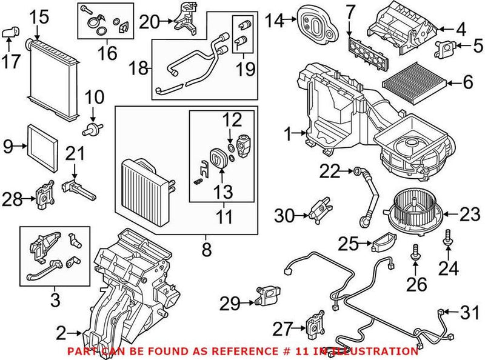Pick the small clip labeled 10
pyautogui.click(x=93, y=127)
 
